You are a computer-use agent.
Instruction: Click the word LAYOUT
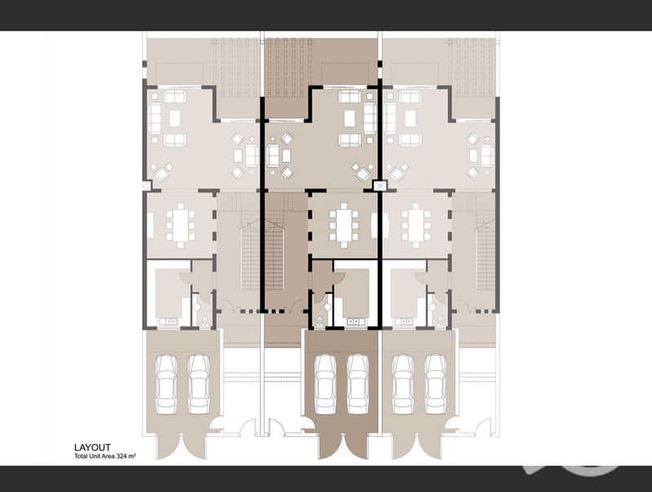[92, 447]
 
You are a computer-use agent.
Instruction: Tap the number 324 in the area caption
[122, 456]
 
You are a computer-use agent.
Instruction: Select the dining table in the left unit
[180, 226]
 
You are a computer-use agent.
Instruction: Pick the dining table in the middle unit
[344, 226]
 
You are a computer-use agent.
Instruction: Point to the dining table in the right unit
[416, 226]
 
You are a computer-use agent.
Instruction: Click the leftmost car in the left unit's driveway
[166, 383]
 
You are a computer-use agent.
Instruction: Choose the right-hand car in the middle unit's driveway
[357, 383]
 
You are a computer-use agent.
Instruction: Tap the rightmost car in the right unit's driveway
[436, 383]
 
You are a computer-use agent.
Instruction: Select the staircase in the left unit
[250, 255]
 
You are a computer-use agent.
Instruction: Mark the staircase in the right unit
[486, 255]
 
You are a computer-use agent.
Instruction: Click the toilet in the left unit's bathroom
[205, 321]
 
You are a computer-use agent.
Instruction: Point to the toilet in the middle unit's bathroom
[319, 321]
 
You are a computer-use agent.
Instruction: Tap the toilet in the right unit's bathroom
[441, 321]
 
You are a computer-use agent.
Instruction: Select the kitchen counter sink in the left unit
[168, 322]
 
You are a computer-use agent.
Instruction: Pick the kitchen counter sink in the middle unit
[356, 322]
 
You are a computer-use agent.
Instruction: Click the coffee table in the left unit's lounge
[175, 118]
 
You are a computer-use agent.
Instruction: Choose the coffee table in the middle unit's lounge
[350, 118]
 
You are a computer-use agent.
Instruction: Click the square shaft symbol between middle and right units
[380, 185]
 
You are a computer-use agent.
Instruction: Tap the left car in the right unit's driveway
[403, 383]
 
